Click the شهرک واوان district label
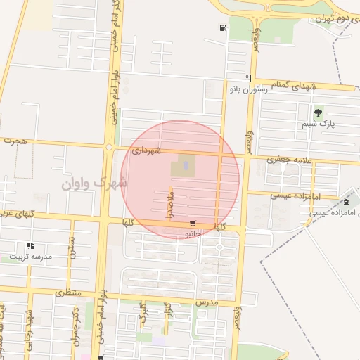(x=94, y=183)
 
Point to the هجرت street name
(x=13, y=141)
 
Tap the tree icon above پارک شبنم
(x=319, y=112)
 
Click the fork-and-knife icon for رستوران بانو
(x=247, y=79)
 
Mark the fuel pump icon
(x=223, y=29)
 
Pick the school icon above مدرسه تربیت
(x=30, y=246)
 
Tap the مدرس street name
(x=210, y=302)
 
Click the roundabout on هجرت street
(x=108, y=147)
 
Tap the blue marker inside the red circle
(x=186, y=166)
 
